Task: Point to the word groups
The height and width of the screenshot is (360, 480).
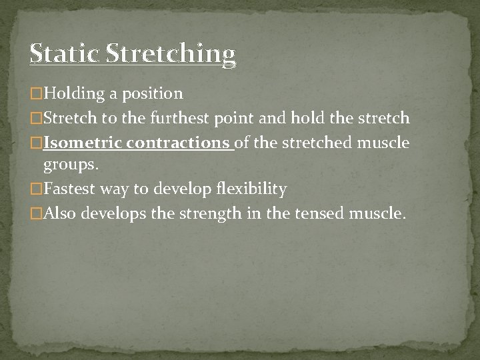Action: [x=69, y=165]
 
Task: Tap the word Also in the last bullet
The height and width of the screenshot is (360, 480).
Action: [x=59, y=213]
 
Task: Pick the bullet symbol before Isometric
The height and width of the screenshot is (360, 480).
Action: [x=36, y=143]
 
